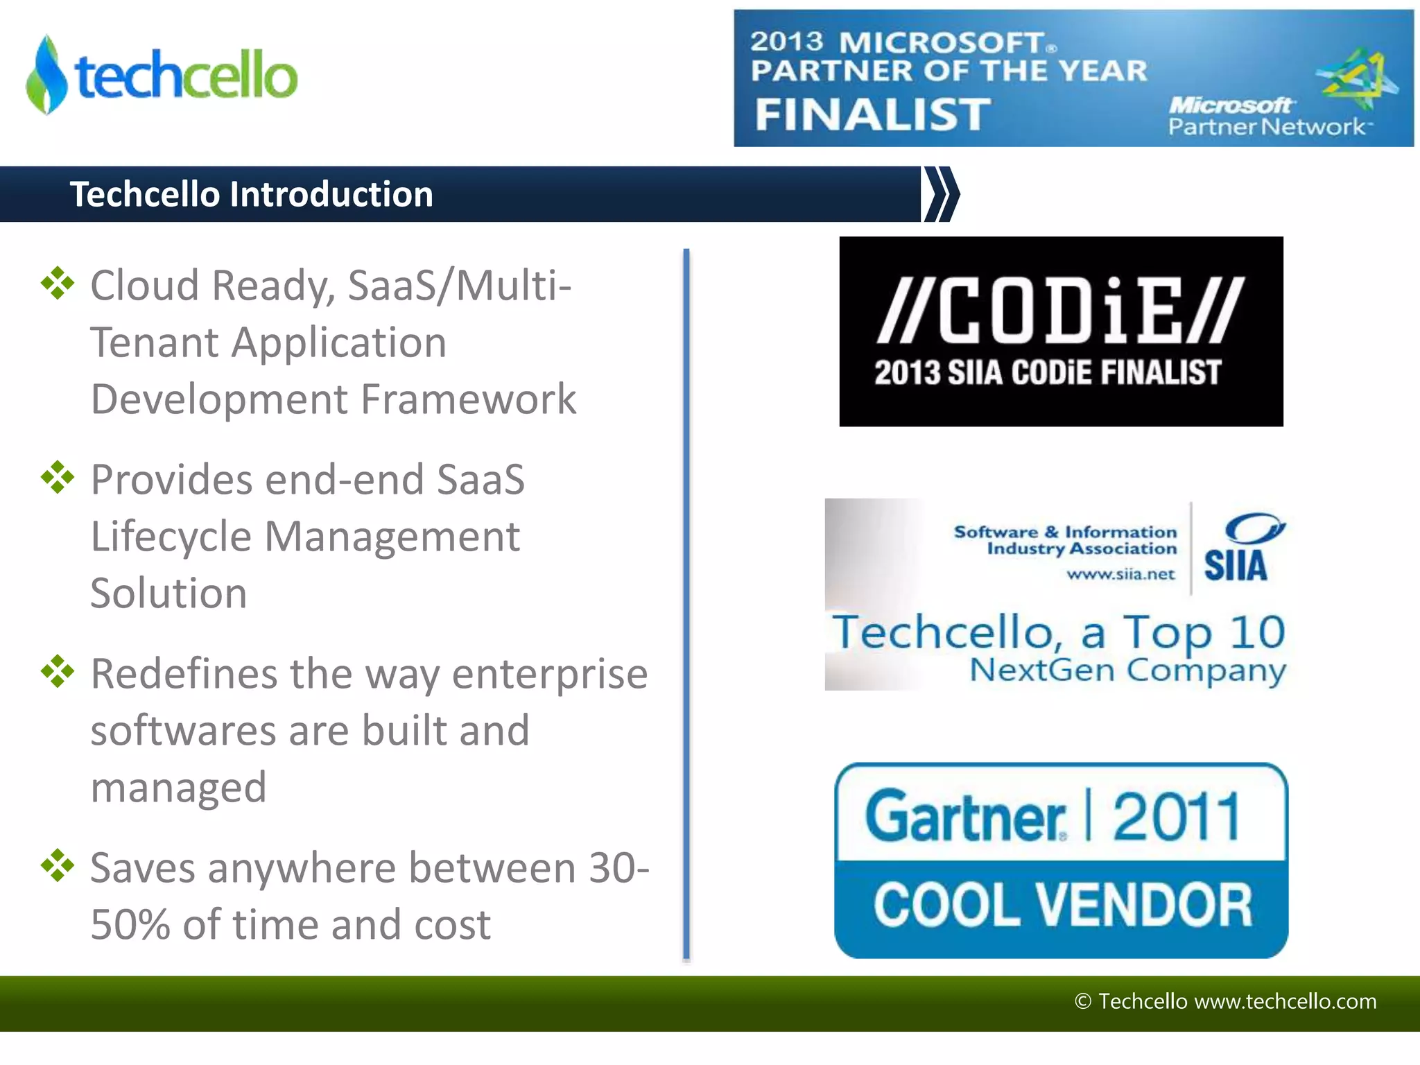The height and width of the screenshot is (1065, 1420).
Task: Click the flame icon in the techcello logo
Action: coord(46,75)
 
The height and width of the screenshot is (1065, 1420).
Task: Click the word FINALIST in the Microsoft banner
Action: coord(873,114)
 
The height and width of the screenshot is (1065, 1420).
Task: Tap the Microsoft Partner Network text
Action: coord(1265,116)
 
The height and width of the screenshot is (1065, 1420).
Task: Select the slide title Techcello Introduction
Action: coord(252,194)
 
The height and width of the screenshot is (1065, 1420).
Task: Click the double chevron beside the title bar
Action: coord(942,194)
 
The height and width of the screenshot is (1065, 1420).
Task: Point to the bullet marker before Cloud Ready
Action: coord(58,284)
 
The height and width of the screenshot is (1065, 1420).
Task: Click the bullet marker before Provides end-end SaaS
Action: coord(58,478)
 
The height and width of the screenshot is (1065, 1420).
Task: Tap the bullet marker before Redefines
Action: coord(58,672)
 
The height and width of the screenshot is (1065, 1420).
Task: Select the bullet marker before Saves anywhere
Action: coord(58,866)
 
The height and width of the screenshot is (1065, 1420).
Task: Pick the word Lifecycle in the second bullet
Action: coord(171,537)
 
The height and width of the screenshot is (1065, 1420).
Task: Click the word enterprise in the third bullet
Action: coord(550,674)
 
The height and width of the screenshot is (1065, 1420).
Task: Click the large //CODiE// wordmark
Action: coord(1061,310)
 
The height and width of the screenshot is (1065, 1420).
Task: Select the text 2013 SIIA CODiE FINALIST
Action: coord(1047,373)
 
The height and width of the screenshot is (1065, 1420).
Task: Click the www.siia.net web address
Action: coord(1120,574)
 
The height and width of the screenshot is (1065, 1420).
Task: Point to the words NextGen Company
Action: coord(1127,670)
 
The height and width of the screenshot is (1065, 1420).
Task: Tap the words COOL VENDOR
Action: coord(1062,906)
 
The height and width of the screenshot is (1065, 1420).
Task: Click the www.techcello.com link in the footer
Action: coord(1285,1001)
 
